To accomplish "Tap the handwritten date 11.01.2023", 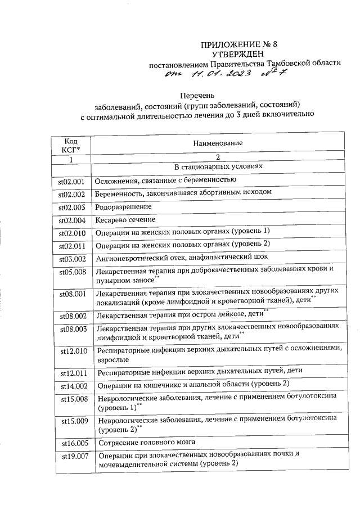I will click(x=220, y=74).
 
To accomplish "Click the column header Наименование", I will click(x=218, y=143).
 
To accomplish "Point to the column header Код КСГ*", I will click(x=71, y=145).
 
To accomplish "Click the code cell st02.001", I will click(x=71, y=182).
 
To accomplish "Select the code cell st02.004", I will click(x=71, y=220).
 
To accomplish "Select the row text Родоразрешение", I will click(x=124, y=207).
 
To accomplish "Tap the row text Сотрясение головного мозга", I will click(x=146, y=442).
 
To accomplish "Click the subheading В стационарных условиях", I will click(x=218, y=168).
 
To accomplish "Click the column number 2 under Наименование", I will click(x=218, y=157).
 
